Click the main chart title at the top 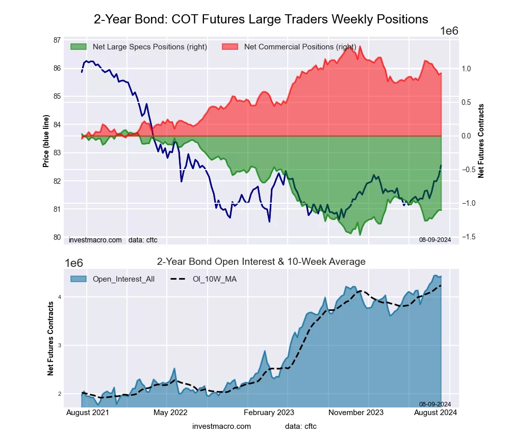coord(261,19)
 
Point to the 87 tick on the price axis coord(57,40)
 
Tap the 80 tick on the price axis coord(57,237)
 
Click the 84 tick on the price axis coord(57,124)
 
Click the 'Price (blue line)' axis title coord(46,142)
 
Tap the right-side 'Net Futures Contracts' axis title coord(481,141)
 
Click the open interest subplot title coord(261,262)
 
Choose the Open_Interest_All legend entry coord(123,279)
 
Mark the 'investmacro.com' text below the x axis coord(222,426)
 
